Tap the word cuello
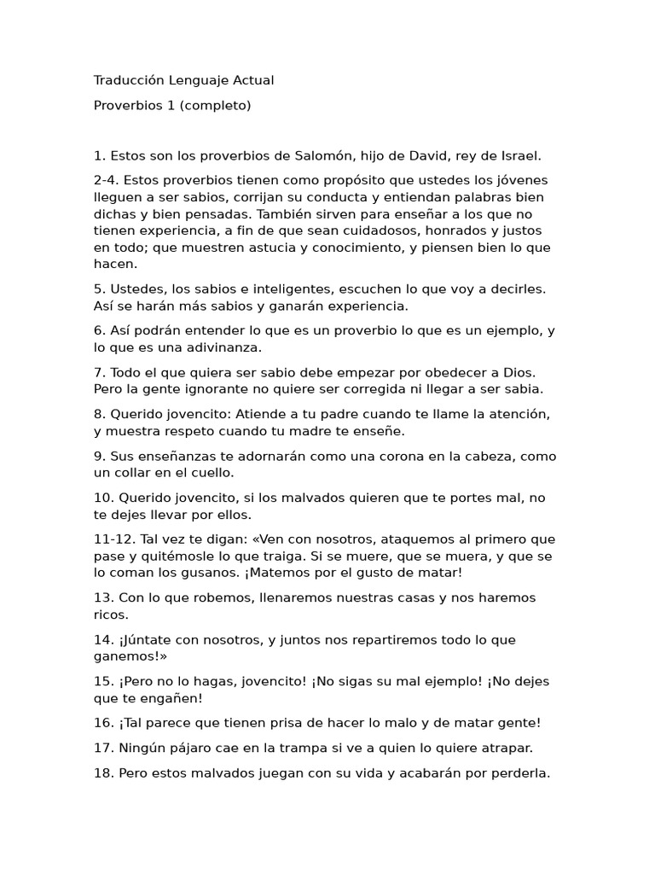208,472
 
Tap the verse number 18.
103,773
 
